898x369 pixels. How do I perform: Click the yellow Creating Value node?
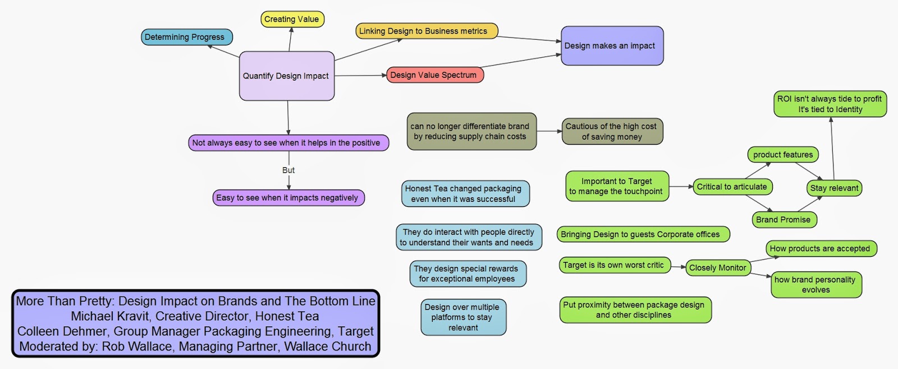coord(292,19)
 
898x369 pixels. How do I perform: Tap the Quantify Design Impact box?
coord(287,76)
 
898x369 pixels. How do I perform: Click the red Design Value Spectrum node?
coord(434,75)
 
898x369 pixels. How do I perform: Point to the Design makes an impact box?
coord(612,46)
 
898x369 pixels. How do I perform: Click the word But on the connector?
coord(288,170)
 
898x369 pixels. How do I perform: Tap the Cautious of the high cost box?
coord(612,131)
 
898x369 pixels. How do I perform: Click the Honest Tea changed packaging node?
coord(465,193)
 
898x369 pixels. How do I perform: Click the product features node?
coord(783,155)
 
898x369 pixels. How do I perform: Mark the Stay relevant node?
coord(835,188)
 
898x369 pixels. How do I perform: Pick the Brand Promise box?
coord(784,219)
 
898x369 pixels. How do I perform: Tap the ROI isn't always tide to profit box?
coord(830,104)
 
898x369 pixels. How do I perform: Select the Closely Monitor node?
coord(718,268)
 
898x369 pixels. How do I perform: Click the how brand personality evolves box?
coord(815,284)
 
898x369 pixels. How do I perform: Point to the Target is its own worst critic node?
coord(614,265)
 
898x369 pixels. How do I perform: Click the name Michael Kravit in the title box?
coord(109,316)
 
